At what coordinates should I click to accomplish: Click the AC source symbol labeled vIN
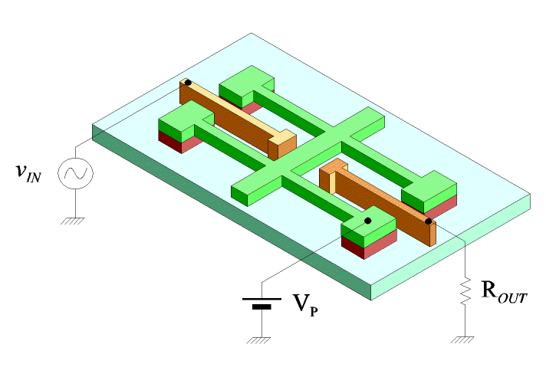coord(77,174)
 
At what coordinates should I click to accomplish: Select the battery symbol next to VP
coord(261,303)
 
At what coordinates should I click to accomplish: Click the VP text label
coord(305,305)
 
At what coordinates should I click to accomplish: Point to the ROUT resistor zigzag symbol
coord(464,293)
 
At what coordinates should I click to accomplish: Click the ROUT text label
coord(502,293)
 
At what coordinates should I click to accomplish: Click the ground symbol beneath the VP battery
coord(261,338)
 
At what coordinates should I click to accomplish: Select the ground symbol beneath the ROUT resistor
coord(464,338)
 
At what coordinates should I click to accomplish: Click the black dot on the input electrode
coord(188,82)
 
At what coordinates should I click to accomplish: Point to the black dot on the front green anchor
coord(367,221)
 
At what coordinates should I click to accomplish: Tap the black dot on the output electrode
coord(429,221)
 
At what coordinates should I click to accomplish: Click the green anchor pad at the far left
coord(184,122)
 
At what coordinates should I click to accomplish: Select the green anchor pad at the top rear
coord(247,80)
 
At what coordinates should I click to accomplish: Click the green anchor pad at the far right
coord(429,187)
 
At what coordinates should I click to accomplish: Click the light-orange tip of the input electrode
coord(285,141)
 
